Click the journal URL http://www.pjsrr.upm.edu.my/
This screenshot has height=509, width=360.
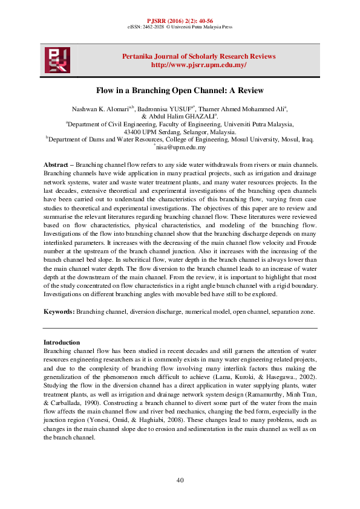coord(198,65)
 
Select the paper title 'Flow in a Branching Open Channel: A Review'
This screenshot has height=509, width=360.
coord(180,90)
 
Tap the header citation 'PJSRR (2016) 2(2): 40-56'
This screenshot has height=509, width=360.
coord(180,21)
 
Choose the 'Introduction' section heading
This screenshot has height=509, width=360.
coord(62,342)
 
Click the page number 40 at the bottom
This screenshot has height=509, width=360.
coord(180,480)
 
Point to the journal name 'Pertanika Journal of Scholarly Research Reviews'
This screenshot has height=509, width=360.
coord(198,56)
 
